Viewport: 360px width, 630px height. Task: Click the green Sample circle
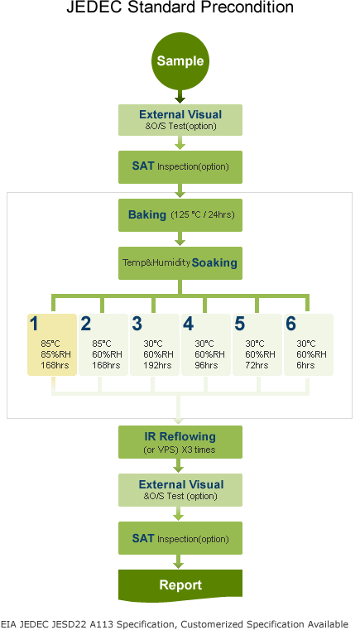pos(180,60)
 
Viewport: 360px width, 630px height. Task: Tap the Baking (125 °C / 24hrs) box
pos(180,215)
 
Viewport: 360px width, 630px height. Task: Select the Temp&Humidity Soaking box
pos(180,263)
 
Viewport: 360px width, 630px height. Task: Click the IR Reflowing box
pos(180,442)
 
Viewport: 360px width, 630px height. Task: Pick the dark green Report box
pos(180,585)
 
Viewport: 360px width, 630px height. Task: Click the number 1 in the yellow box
pos(35,324)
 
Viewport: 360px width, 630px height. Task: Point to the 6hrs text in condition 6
pos(305,366)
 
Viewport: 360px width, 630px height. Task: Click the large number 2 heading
pos(86,324)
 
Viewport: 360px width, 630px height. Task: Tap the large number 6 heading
pos(290,324)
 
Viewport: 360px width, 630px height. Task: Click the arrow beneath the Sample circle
pos(180,96)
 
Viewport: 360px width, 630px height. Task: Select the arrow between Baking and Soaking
pos(180,238)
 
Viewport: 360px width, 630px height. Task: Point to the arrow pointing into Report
pos(180,561)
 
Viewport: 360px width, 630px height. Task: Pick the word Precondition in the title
pos(249,7)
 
